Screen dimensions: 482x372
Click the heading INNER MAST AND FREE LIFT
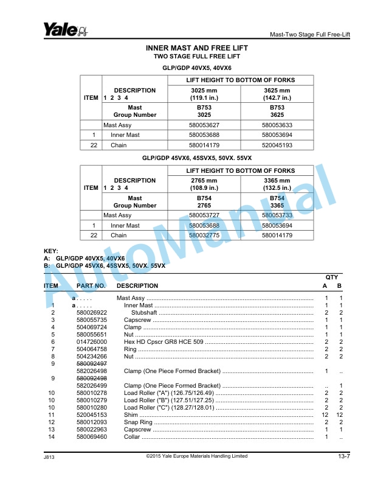point(197,47)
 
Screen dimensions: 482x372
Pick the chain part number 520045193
point(277,145)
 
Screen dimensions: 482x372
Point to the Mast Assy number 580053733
point(277,215)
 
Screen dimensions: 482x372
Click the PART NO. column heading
point(91,285)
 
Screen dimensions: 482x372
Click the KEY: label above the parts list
point(52,251)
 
